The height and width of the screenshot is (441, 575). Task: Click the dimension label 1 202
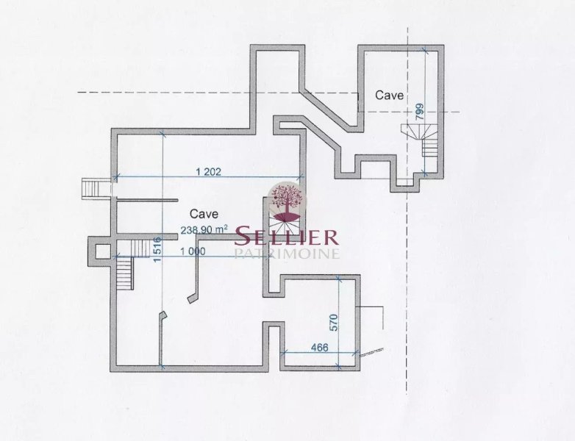pos(209,171)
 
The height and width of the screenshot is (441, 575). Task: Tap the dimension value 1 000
pos(193,251)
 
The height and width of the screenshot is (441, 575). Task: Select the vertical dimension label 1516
pos(157,250)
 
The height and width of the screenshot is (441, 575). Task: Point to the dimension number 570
pos(334,322)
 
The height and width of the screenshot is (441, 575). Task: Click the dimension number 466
pos(319,347)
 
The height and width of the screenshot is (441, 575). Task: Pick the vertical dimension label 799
pos(420,112)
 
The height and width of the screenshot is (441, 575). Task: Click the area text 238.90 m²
pos(204,230)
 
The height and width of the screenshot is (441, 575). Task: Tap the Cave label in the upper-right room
pos(389,96)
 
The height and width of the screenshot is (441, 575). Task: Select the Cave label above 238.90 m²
pos(204,214)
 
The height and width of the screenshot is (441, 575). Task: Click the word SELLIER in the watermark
pos(286,237)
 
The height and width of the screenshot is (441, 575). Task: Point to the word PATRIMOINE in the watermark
pos(287,254)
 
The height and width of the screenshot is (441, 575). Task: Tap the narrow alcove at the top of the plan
pos(277,88)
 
